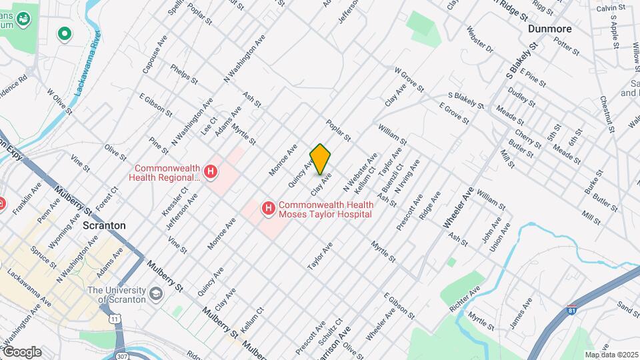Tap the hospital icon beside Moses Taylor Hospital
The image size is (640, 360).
pos(268,209)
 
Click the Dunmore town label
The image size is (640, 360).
pos(551,29)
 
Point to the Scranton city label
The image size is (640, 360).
pos(104,225)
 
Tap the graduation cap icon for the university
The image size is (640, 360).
pos(156,294)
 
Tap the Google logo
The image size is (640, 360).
pos(22,351)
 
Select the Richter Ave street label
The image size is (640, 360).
pos(465,301)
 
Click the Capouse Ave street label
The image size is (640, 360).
pos(154,55)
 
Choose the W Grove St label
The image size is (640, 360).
pos(409,79)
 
